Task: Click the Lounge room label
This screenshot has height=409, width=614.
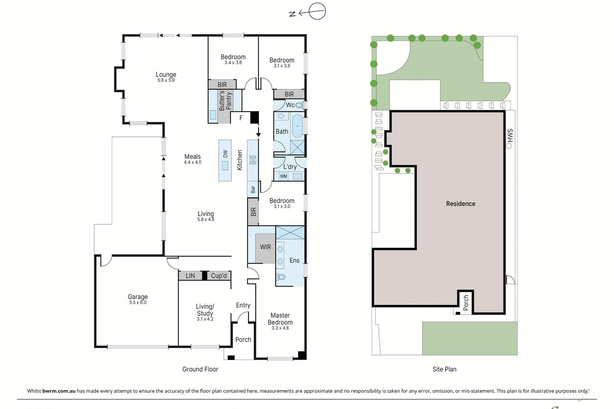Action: click(166, 74)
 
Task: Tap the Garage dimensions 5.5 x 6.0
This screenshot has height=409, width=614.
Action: click(138, 302)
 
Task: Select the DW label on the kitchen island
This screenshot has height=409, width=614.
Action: click(225, 154)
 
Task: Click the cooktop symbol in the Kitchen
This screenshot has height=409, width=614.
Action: click(253, 160)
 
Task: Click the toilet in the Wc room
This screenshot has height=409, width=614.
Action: click(299, 105)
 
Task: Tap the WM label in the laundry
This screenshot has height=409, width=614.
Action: click(283, 176)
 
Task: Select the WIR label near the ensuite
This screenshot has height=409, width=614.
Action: click(265, 247)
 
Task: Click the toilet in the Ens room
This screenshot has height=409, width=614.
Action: click(281, 277)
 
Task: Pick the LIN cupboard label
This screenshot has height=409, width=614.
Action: click(190, 276)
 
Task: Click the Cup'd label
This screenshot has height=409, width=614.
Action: click(219, 276)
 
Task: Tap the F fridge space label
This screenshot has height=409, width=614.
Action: click(241, 118)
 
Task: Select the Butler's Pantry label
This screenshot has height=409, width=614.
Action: click(225, 100)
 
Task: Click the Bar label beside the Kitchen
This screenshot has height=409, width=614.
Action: click(253, 189)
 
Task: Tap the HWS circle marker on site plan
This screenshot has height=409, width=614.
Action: click(509, 146)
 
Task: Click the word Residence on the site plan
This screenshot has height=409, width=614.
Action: click(460, 204)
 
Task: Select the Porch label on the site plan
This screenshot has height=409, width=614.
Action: click(465, 302)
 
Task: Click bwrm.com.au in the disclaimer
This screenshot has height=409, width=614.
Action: click(59, 391)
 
